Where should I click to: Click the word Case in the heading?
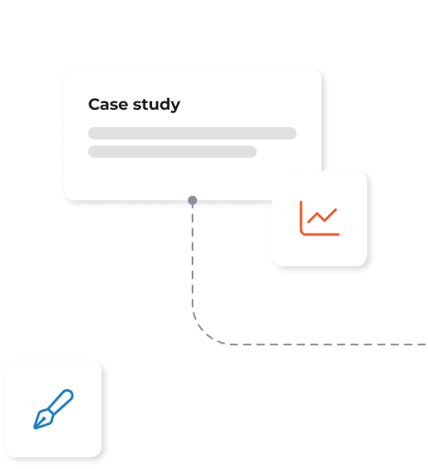pos(108,105)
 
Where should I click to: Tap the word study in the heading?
pos(156,105)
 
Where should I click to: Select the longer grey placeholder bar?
pos(193,133)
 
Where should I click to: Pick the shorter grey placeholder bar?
pos(173,152)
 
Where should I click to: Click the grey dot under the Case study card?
pos(193,200)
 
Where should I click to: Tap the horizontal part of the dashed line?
pos(327,344)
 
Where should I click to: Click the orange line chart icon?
pos(320,218)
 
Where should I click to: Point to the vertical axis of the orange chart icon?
pos(301,216)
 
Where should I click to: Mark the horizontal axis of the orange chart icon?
pos(321,234)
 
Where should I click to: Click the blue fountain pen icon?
pos(53,409)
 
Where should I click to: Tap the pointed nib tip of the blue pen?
pos(34,428)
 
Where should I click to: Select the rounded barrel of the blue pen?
pos(62,401)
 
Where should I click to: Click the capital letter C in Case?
pos(95,105)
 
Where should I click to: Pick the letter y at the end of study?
pos(175,107)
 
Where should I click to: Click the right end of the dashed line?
pos(425,344)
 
